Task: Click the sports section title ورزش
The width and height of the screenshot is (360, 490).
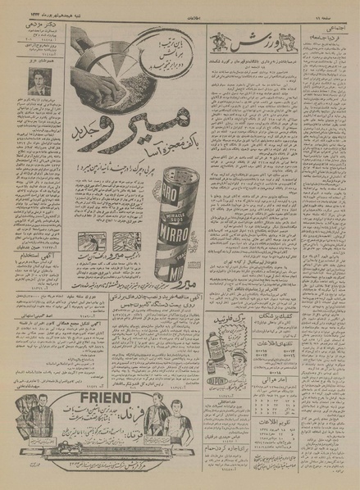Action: tap(255, 41)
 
